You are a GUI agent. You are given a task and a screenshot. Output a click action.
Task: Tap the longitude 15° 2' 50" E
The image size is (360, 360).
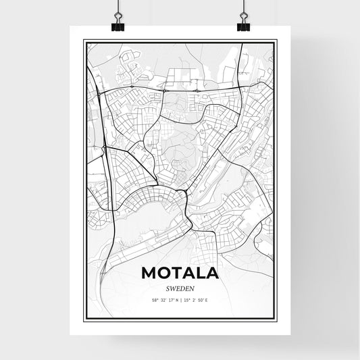click(x=197, y=299)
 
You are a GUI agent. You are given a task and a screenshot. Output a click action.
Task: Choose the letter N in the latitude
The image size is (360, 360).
click(x=176, y=299)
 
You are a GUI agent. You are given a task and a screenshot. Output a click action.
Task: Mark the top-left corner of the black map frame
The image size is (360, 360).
click(x=84, y=41)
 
